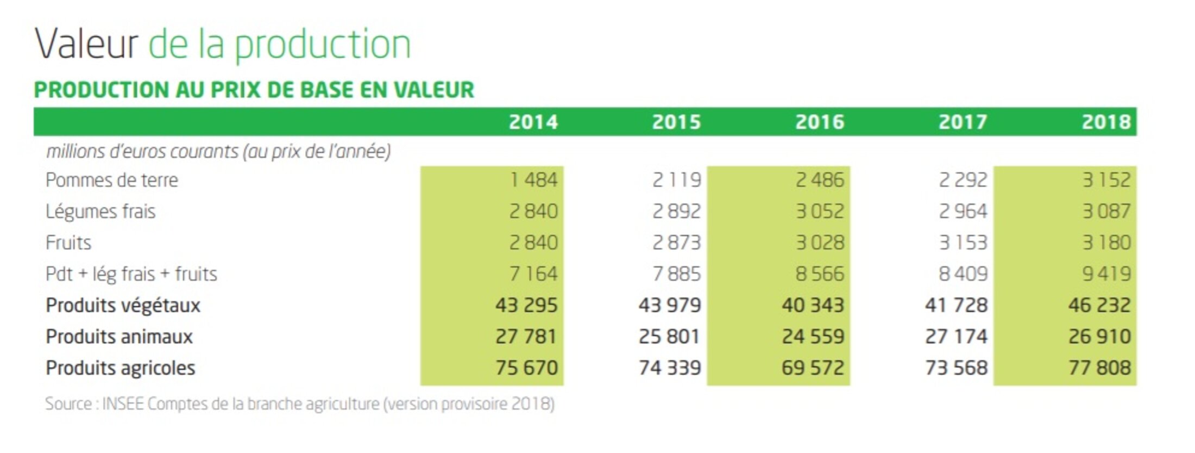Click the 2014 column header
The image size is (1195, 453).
click(533, 122)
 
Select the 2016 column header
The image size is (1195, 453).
click(820, 122)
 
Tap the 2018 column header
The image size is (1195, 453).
click(1106, 122)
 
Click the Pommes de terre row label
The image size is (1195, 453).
click(112, 180)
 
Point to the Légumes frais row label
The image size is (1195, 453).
click(100, 211)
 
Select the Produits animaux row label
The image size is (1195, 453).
click(119, 337)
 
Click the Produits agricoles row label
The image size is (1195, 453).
click(120, 368)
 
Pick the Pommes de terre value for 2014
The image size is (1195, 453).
click(533, 180)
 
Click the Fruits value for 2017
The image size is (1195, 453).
click(963, 243)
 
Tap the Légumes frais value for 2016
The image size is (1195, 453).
click(820, 211)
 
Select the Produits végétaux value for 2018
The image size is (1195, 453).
click(1099, 305)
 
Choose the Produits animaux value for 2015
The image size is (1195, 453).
click(669, 337)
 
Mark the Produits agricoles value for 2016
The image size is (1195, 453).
click(813, 368)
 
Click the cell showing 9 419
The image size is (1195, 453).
click(1106, 274)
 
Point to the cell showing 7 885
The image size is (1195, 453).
click(676, 274)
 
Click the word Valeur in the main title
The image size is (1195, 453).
click(86, 44)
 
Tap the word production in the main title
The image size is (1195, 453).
click(323, 45)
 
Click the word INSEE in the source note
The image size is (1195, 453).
click(123, 404)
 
